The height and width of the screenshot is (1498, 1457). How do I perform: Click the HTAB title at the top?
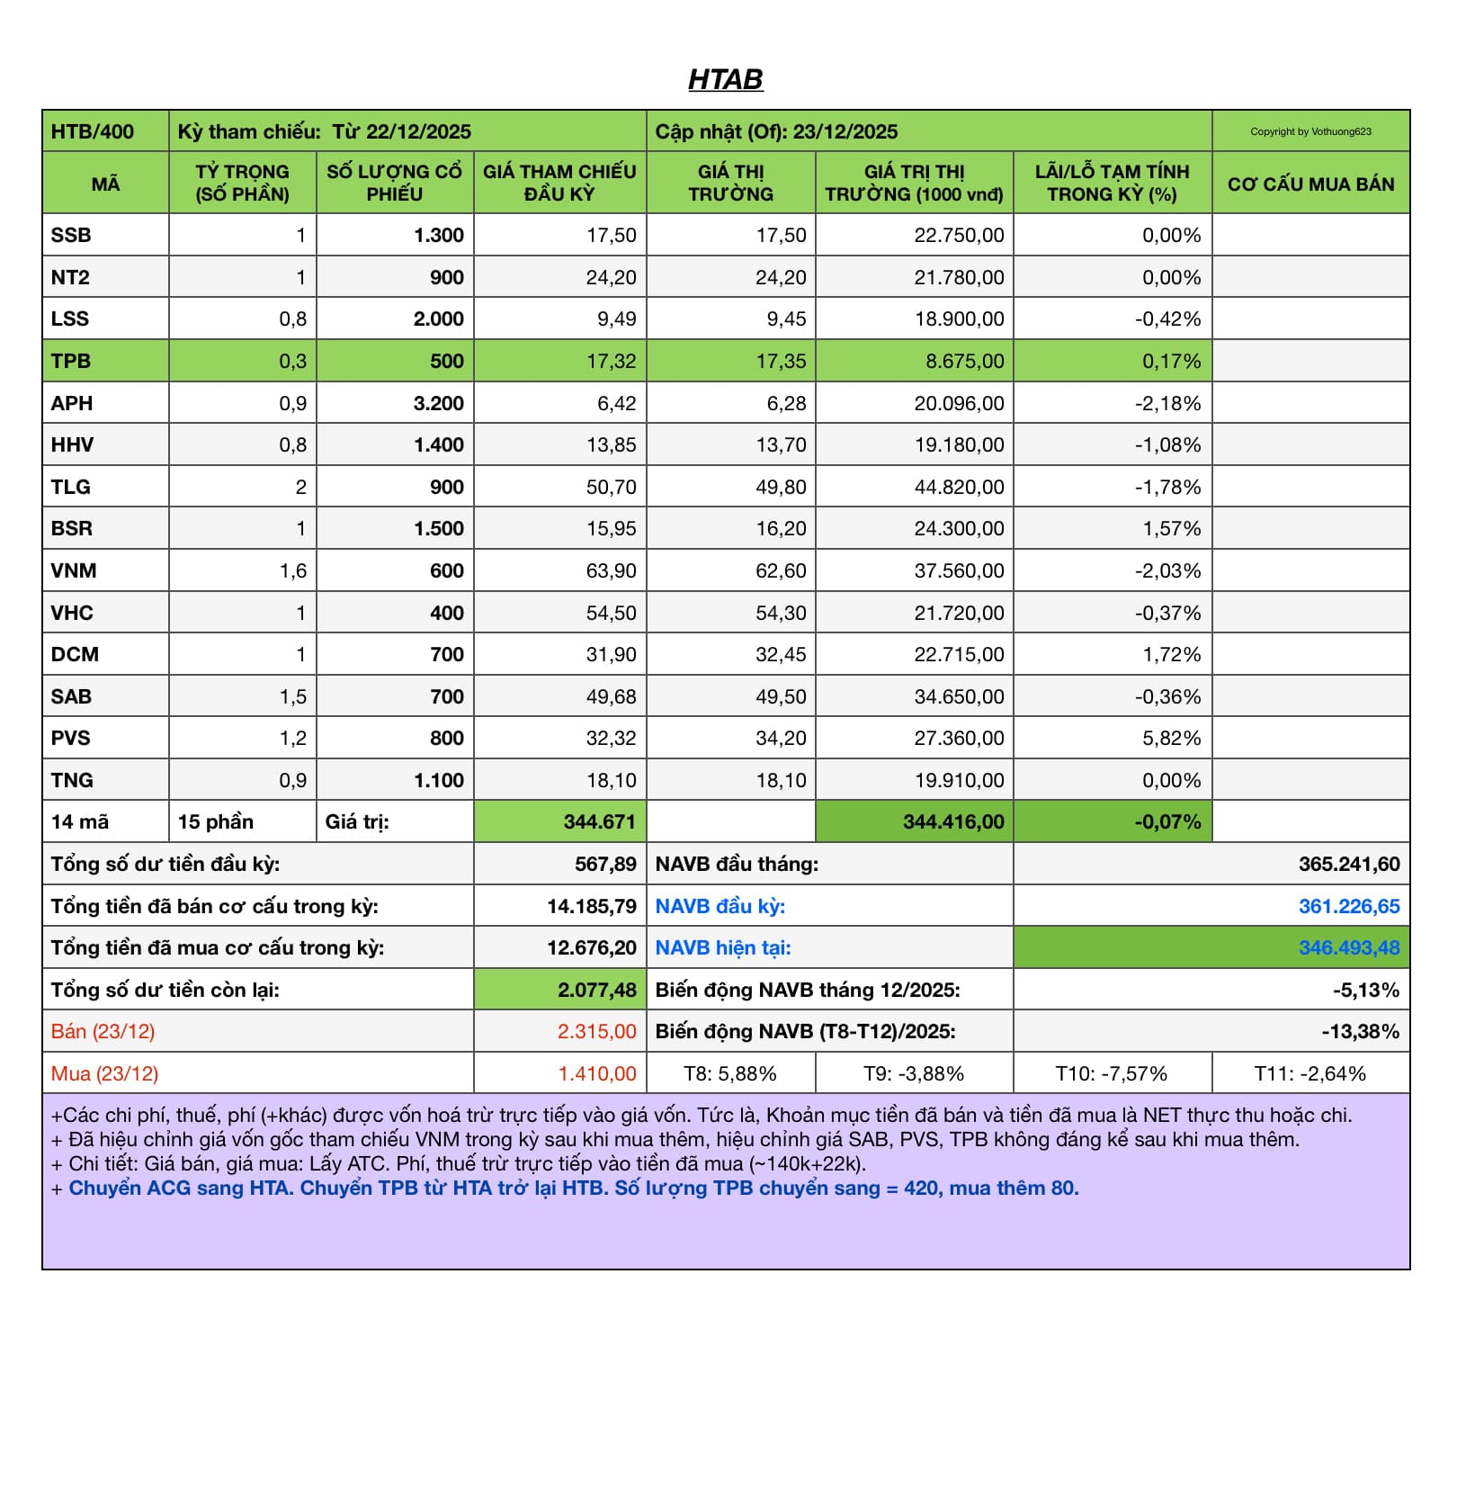725,80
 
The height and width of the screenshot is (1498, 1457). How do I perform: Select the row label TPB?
71,361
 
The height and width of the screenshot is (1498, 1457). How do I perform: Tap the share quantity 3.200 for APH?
439,403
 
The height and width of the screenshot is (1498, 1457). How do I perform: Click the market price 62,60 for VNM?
781,570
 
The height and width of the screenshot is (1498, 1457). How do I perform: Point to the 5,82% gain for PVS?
1171,738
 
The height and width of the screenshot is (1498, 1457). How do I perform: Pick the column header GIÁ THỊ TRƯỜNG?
730,183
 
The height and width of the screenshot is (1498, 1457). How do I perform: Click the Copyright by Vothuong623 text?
1310,131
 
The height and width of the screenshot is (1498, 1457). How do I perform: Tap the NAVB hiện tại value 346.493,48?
1348,947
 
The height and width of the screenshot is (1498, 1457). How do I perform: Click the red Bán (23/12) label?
103,1031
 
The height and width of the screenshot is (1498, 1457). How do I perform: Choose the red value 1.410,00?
597,1073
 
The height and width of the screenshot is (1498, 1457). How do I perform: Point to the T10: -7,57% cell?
1111,1073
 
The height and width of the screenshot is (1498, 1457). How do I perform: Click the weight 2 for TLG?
300,487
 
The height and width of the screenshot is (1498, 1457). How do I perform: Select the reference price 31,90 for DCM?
611,654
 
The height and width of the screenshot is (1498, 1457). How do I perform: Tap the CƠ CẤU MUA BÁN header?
1310,184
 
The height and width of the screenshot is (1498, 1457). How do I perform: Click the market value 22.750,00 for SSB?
959,235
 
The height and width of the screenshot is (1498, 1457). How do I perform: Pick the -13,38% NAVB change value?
1360,1031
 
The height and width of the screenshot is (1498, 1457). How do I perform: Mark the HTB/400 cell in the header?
93,131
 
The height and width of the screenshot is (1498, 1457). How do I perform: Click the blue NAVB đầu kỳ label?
720,906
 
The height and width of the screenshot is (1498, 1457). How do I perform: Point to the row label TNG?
72,780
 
